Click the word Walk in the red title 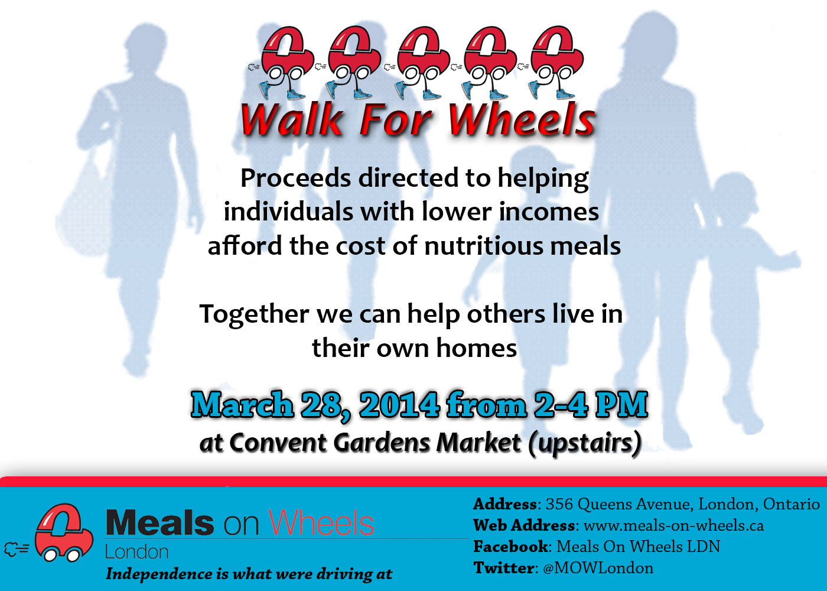point(292,119)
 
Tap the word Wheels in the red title point(522,119)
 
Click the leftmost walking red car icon point(281,63)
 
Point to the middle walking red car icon point(417,63)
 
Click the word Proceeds point(295,178)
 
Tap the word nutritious point(484,246)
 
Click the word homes point(477,348)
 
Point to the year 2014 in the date point(400,405)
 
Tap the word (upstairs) point(584,443)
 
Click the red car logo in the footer point(63,532)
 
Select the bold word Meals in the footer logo point(160,522)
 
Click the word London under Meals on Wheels point(137,552)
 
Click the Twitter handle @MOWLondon point(598,568)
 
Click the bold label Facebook point(511,547)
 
